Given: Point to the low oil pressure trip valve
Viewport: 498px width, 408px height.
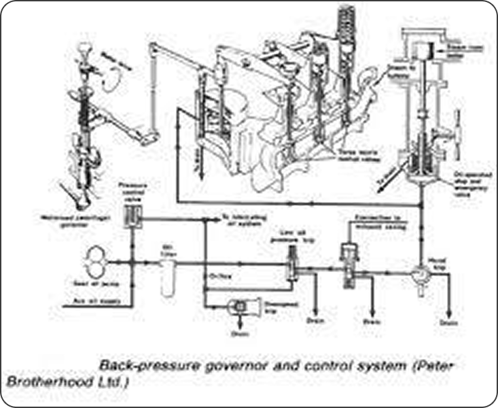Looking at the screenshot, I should [291, 262].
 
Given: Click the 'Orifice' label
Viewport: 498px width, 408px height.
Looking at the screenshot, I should [215, 275].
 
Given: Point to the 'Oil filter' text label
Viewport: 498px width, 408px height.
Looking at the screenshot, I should [168, 249].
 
